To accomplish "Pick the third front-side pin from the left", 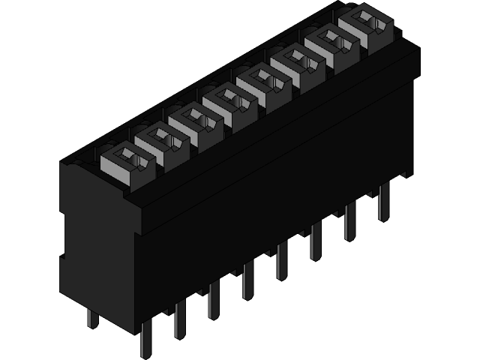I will click(214, 299).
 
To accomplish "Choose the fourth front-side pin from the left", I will click(247, 280).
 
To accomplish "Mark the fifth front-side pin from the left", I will click(282, 260).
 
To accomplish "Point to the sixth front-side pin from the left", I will click(316, 241).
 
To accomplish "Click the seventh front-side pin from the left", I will click(350, 221).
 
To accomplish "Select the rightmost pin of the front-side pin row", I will click(384, 202).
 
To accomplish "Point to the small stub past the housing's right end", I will click(406, 174).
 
